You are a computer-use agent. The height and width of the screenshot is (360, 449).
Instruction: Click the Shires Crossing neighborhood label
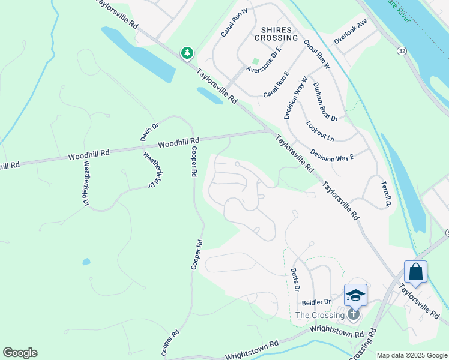point(276,33)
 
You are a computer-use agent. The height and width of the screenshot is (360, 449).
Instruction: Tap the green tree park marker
point(187,53)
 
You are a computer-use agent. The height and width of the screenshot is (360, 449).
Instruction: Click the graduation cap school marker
point(355,295)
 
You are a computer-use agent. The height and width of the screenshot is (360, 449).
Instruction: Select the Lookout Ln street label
point(320,131)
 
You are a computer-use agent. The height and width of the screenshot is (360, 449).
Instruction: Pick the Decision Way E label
point(332,152)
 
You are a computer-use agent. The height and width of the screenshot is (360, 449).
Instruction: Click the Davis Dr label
point(149,132)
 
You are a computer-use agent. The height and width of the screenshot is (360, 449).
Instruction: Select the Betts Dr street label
point(295,280)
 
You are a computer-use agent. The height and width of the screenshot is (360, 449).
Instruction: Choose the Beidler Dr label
point(316,302)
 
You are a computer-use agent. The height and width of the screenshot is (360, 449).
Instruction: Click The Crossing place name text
point(321,316)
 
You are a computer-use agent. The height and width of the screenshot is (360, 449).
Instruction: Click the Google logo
point(20,353)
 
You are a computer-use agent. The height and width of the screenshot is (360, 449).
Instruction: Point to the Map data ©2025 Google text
point(412,355)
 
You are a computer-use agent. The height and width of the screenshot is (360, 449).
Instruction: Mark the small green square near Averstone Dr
point(255,61)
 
